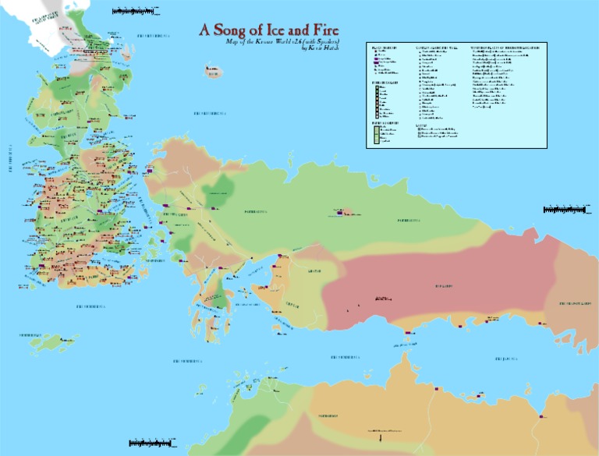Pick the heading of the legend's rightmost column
(x=507, y=48)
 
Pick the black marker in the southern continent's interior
(x=367, y=430)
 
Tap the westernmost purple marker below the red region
(x=407, y=333)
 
